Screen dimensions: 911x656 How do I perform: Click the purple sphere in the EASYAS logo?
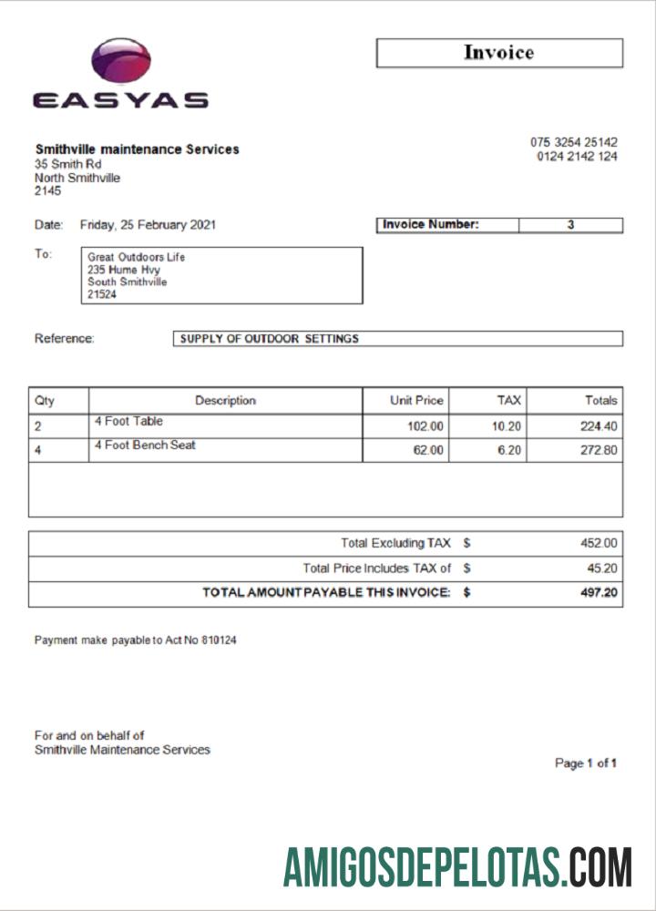pyautogui.click(x=120, y=62)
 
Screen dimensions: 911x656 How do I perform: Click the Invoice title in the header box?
pyautogui.click(x=498, y=53)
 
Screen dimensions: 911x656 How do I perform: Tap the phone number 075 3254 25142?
pyautogui.click(x=573, y=142)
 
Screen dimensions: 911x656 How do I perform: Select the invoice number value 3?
pyautogui.click(x=570, y=225)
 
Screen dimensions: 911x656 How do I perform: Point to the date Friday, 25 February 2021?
pyautogui.click(x=148, y=225)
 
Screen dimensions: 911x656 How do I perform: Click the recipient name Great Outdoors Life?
pyautogui.click(x=136, y=257)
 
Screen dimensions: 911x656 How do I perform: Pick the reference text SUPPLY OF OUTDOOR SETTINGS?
pyautogui.click(x=270, y=339)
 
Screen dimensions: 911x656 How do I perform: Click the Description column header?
pyautogui.click(x=225, y=400)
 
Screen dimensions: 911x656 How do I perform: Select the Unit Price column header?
pyautogui.click(x=416, y=400)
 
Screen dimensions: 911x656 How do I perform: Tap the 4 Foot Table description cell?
pyautogui.click(x=128, y=422)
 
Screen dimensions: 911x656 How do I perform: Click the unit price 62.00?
pyautogui.click(x=428, y=450)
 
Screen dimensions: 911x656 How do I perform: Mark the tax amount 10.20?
pyautogui.click(x=506, y=425)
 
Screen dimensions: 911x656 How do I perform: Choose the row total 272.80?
pyautogui.click(x=599, y=450)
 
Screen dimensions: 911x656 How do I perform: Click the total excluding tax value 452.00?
pyautogui.click(x=599, y=543)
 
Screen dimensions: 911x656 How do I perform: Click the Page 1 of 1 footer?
pyautogui.click(x=586, y=763)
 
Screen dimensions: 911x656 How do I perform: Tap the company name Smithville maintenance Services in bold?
pyautogui.click(x=137, y=149)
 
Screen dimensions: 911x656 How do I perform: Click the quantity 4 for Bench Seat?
pyautogui.click(x=37, y=450)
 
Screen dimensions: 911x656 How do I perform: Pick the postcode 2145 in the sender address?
pyautogui.click(x=47, y=191)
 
